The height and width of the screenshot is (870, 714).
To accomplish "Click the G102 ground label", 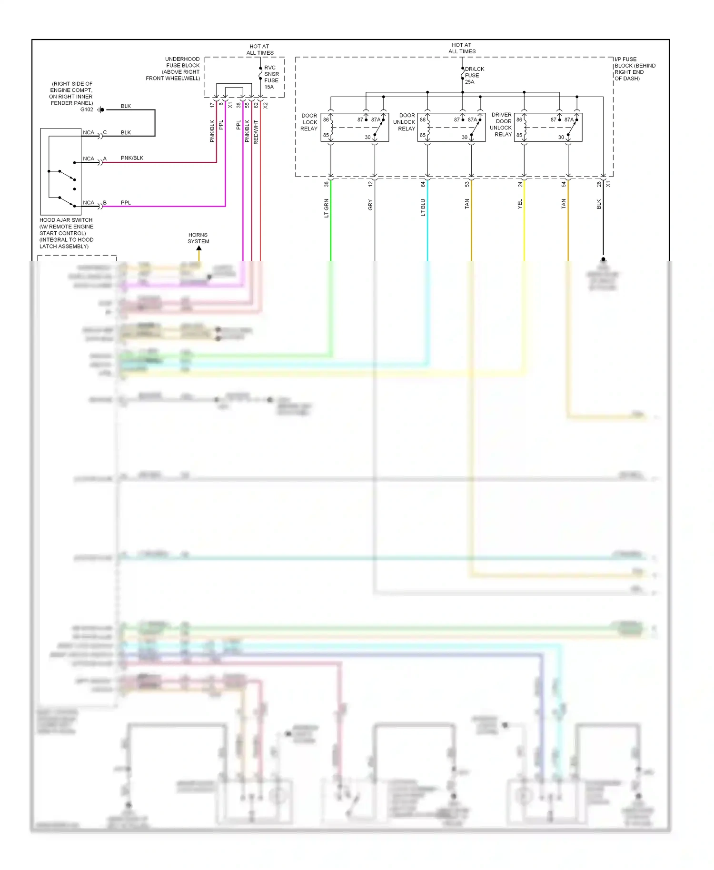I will pyautogui.click(x=87, y=109).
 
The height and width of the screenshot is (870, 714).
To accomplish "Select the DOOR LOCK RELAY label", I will pyautogui.click(x=309, y=122).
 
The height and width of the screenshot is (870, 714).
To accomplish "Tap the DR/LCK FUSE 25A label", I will pyautogui.click(x=474, y=75).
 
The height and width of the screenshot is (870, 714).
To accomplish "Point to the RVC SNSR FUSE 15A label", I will pyautogui.click(x=271, y=77).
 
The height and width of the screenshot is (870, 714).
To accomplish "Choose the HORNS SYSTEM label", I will pyautogui.click(x=198, y=238).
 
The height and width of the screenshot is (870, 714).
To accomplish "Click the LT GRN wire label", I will pyautogui.click(x=327, y=208).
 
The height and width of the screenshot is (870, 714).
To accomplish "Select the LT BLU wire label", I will pyautogui.click(x=423, y=208).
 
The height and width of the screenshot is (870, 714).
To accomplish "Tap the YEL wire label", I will pyautogui.click(x=520, y=204).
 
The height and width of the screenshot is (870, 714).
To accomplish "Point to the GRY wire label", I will pyautogui.click(x=370, y=205).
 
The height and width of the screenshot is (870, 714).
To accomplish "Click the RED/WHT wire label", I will pyautogui.click(x=256, y=132).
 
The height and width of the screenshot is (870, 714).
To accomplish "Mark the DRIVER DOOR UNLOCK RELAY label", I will pyautogui.click(x=501, y=125).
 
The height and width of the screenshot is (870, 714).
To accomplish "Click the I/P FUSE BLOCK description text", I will pyautogui.click(x=635, y=69).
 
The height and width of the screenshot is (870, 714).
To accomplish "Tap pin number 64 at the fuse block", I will pyautogui.click(x=423, y=184).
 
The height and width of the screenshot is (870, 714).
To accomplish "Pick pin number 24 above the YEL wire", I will pyautogui.click(x=520, y=184).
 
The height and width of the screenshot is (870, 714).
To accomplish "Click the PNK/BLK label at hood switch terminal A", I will pyautogui.click(x=132, y=158).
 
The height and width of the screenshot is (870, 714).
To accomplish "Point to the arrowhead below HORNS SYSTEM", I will pyautogui.click(x=199, y=248).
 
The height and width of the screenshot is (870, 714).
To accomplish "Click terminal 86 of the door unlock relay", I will pyautogui.click(x=422, y=120).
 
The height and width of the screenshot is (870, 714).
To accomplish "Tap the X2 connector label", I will pyautogui.click(x=266, y=105).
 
